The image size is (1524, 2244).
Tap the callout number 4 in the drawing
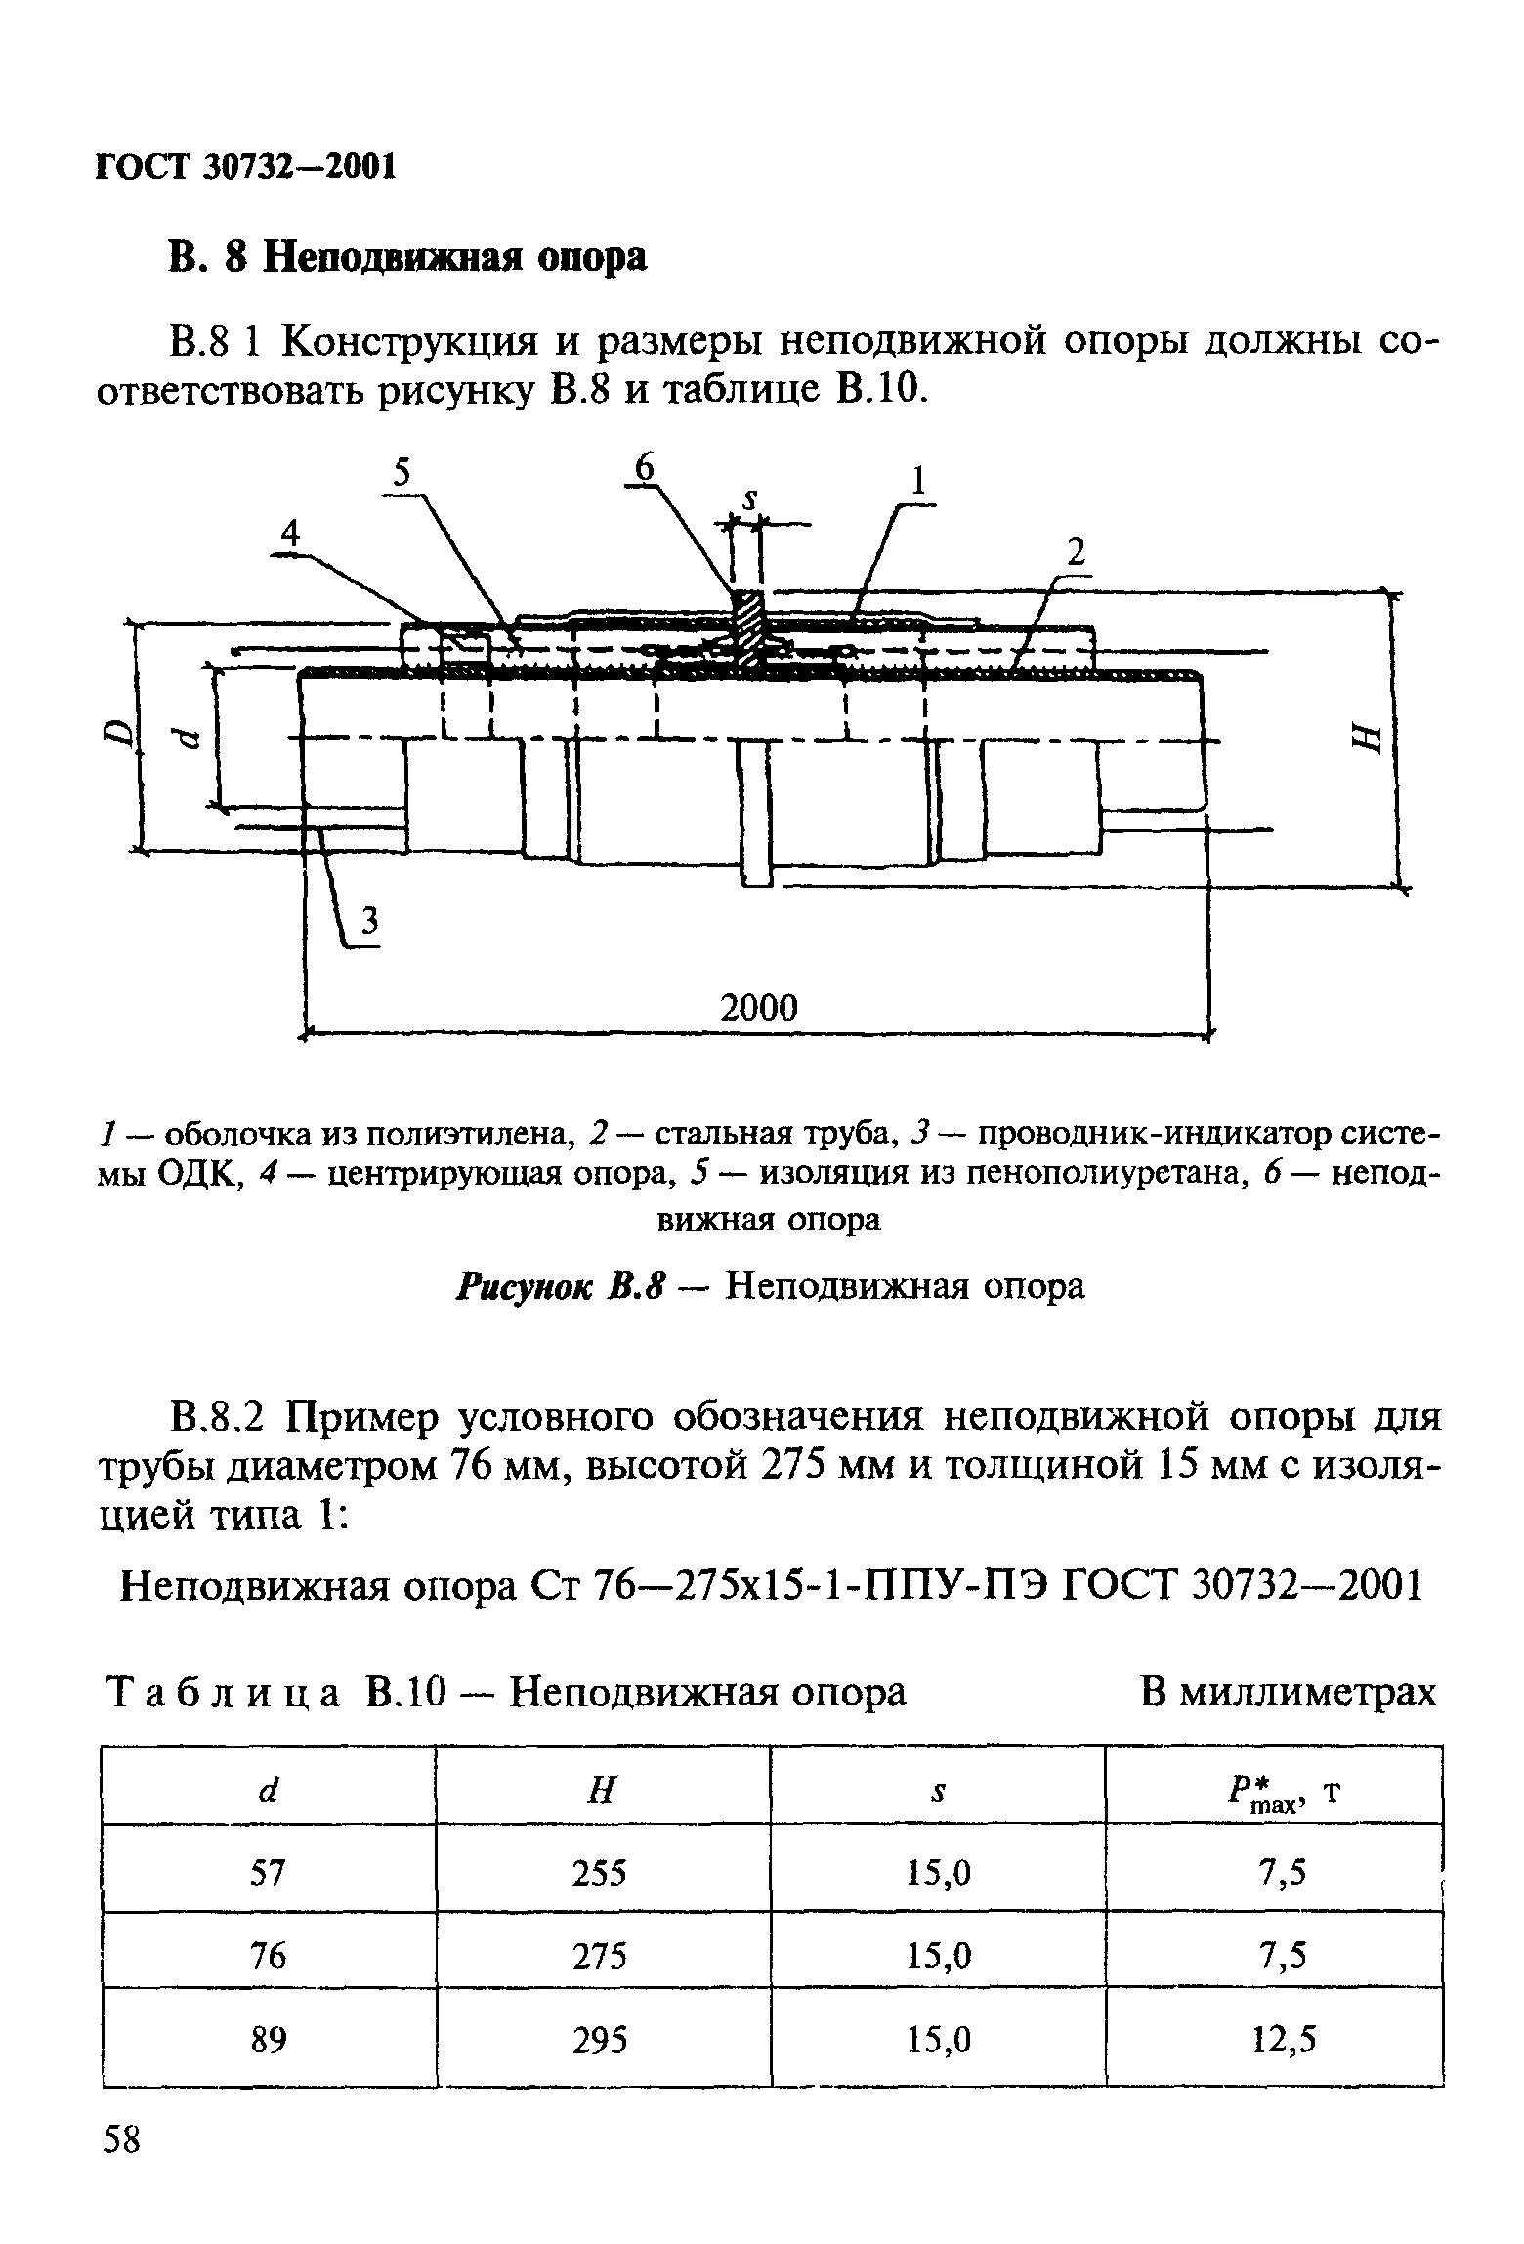point(290,534)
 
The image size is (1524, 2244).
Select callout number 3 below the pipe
point(370,921)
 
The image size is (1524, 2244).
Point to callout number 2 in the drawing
point(1076,553)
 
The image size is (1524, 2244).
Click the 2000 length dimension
point(758,1008)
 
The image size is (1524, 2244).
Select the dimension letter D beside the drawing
point(117,732)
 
